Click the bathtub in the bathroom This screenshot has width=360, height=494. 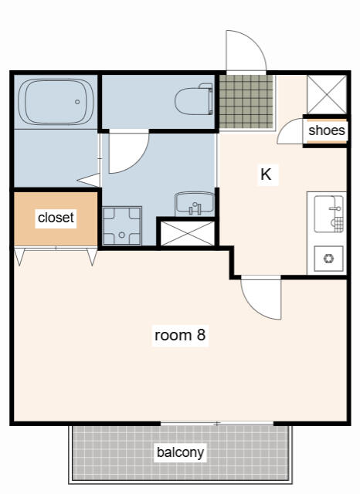[x=56, y=102]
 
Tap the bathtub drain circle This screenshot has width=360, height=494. [x=77, y=102]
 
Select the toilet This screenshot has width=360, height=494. [x=194, y=100]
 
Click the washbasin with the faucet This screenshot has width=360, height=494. [x=195, y=204]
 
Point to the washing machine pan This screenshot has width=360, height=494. [x=122, y=225]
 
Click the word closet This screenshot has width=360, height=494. [x=56, y=218]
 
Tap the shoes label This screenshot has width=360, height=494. [x=327, y=130]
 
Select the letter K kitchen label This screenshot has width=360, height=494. [x=266, y=174]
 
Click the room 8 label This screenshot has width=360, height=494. [x=180, y=334]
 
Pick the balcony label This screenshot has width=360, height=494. [x=180, y=452]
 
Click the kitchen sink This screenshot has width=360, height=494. [x=328, y=214]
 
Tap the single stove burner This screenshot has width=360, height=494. [x=328, y=259]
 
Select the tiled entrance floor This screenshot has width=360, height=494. [x=246, y=101]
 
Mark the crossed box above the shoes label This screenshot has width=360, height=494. [x=327, y=94]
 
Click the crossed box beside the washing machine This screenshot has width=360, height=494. [x=188, y=233]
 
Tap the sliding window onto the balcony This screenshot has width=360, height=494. [x=217, y=424]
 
